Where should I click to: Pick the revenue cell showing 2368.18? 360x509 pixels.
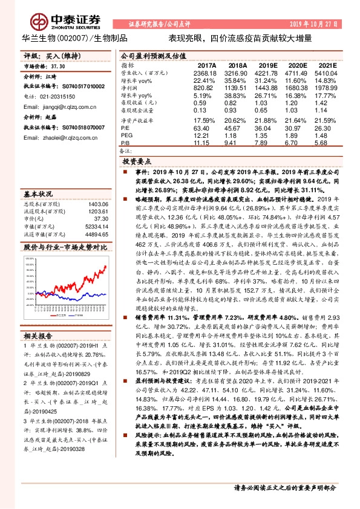206,72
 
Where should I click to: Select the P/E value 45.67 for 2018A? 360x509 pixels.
238,128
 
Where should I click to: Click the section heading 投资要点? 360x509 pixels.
137,163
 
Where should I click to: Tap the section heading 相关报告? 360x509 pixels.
38,352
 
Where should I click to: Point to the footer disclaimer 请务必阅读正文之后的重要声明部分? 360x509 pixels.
284,487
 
